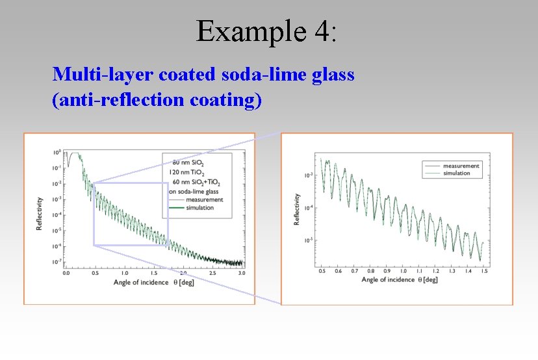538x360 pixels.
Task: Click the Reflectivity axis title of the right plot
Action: point(297,209)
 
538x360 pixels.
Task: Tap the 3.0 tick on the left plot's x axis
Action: point(242,273)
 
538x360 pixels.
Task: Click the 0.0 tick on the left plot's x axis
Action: point(66,273)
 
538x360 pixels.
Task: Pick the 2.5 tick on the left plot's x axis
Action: point(212,273)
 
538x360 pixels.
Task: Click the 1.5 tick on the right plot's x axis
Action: point(485,270)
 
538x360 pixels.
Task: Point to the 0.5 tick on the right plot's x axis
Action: point(322,270)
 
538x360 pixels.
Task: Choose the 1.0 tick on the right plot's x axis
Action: point(403,270)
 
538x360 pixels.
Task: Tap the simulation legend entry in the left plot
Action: point(199,208)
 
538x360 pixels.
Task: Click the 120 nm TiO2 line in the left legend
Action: point(186,172)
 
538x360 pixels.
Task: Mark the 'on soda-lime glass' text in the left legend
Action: point(192,191)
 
